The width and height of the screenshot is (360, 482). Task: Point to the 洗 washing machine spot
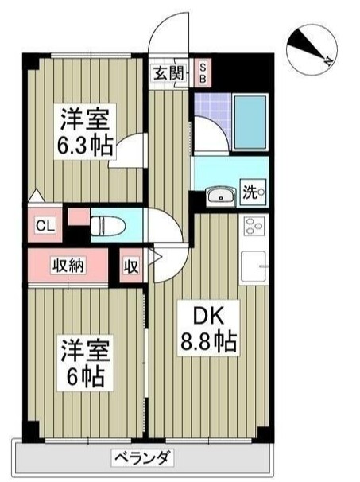tap(252, 192)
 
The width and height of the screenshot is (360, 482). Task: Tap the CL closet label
tap(45, 224)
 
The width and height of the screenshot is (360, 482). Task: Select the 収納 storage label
tap(68, 266)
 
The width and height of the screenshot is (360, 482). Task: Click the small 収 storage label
tap(130, 266)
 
